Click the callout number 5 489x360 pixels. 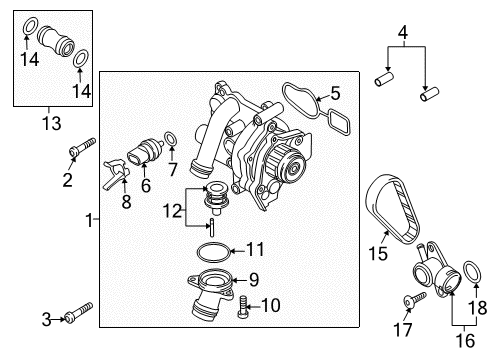[x=335, y=93]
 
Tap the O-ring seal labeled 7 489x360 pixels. [x=171, y=139]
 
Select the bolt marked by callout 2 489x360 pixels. [x=83, y=147]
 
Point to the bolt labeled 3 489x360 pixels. [x=79, y=312]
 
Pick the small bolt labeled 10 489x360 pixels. [x=243, y=306]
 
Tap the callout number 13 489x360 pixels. [x=52, y=123]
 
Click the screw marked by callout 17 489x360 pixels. [x=414, y=299]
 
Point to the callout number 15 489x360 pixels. [x=378, y=253]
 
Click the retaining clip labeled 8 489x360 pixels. [x=116, y=174]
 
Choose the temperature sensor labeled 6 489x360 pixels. [x=144, y=152]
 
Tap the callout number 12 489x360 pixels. [x=172, y=211]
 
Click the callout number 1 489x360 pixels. [x=89, y=220]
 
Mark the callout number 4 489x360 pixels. [x=403, y=33]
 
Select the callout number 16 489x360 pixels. [x=465, y=341]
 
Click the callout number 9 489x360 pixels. [x=254, y=279]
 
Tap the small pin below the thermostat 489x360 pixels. [x=212, y=227]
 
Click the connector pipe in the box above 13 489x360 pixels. [x=56, y=42]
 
